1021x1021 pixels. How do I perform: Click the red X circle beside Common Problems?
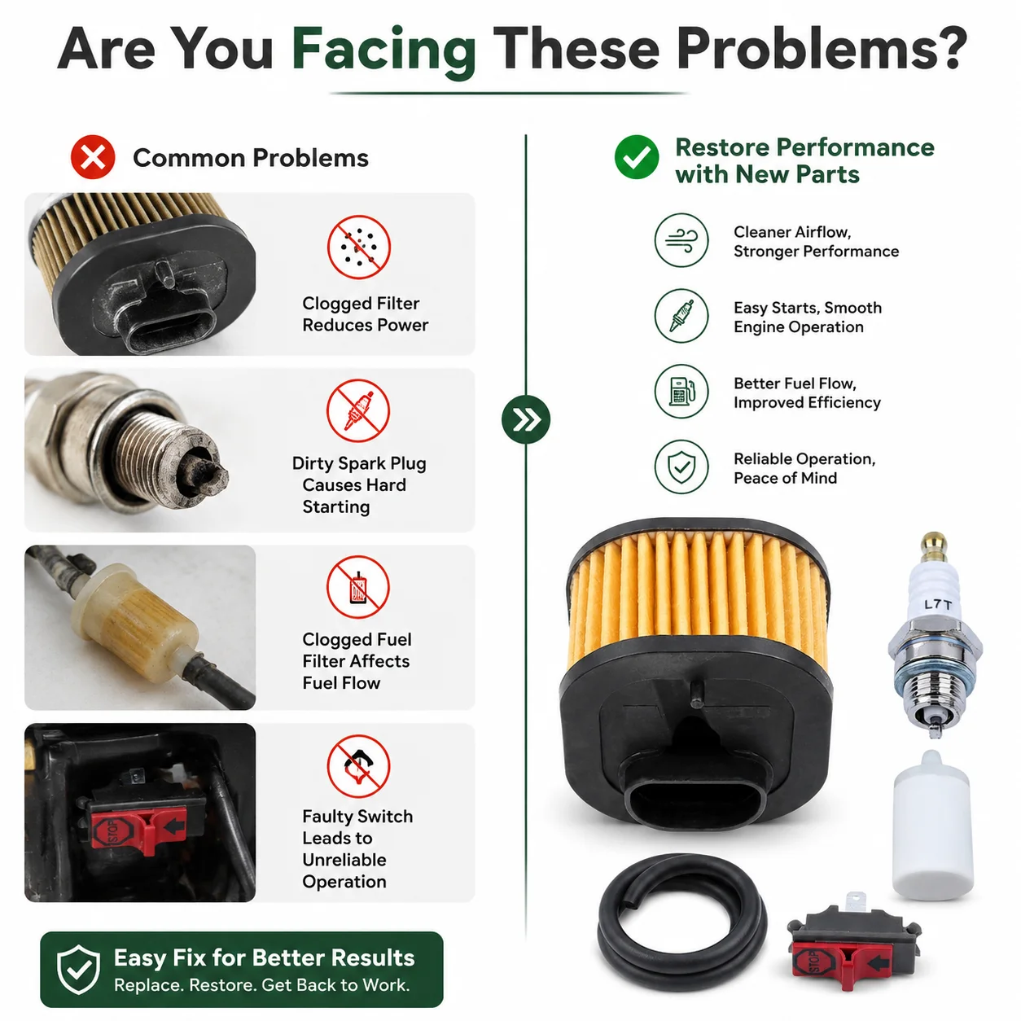93,157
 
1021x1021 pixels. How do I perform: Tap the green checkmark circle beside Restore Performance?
637,157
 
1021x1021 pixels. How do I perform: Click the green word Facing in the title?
384,50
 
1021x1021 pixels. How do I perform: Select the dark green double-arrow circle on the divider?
526,419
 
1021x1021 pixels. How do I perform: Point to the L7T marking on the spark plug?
937,605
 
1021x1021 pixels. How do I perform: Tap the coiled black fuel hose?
682,922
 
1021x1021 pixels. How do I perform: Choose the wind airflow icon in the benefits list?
681,240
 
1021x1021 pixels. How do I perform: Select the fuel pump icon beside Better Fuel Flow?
681,392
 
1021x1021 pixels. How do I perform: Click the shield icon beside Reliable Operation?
681,467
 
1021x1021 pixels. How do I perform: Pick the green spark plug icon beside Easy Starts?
681,316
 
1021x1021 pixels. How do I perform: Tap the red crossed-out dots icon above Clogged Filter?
359,247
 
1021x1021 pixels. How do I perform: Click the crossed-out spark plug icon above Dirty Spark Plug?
359,410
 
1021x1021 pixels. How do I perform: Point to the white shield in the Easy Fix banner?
78,969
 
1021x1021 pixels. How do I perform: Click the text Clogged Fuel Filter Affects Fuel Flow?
357,661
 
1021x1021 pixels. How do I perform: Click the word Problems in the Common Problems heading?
310,158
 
